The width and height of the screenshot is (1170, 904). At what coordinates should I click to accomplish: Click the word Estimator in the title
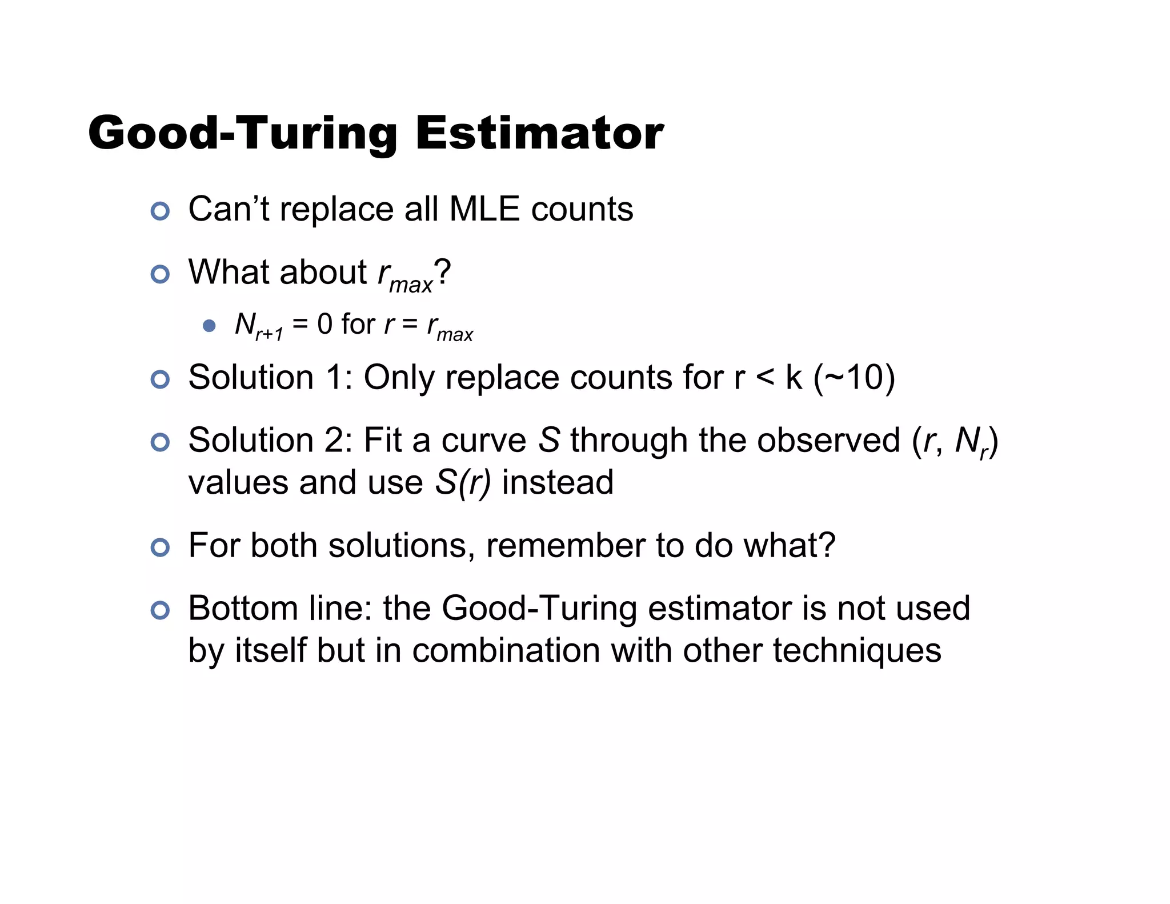pyautogui.click(x=539, y=133)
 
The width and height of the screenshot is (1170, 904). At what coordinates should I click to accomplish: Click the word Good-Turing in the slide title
pyautogui.click(x=243, y=134)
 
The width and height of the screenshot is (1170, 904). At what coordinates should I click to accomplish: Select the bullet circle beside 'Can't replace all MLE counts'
pyautogui.click(x=160, y=211)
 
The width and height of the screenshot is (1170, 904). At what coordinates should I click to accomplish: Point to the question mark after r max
pyautogui.click(x=443, y=272)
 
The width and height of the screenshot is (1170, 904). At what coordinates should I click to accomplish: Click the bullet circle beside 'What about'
pyautogui.click(x=160, y=274)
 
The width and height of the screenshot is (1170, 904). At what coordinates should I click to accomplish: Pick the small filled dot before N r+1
pyautogui.click(x=209, y=326)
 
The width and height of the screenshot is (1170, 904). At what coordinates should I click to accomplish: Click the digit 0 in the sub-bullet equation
pyautogui.click(x=324, y=324)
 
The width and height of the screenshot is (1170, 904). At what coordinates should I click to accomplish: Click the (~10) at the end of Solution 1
pyautogui.click(x=854, y=378)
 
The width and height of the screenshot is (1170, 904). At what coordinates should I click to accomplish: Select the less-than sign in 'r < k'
pyautogui.click(x=765, y=378)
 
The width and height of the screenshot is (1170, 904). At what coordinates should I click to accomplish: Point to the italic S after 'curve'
pyautogui.click(x=549, y=441)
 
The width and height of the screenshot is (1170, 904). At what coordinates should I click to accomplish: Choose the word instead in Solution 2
pyautogui.click(x=558, y=482)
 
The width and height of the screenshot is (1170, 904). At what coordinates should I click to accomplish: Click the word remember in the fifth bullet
pyautogui.click(x=565, y=546)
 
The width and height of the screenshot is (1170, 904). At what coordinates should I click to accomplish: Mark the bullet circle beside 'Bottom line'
pyautogui.click(x=160, y=610)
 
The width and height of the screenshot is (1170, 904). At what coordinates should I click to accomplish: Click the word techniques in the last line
pyautogui.click(x=857, y=650)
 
